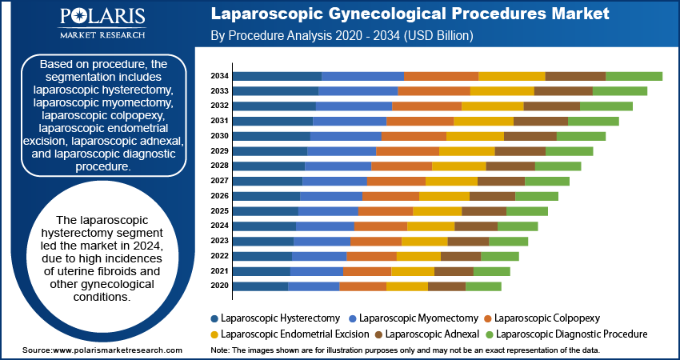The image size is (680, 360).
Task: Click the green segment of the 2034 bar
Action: click(x=634, y=76)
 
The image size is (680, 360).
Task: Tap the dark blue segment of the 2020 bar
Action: click(x=261, y=286)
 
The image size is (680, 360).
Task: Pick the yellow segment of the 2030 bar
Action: click(x=474, y=136)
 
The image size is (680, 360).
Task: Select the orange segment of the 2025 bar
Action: click(x=385, y=211)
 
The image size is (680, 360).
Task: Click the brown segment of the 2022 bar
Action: click(x=461, y=256)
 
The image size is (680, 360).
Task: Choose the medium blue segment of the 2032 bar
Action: click(x=354, y=106)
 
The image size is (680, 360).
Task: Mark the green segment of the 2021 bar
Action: click(x=491, y=271)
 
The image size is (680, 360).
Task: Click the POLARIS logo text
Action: click(x=102, y=18)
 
